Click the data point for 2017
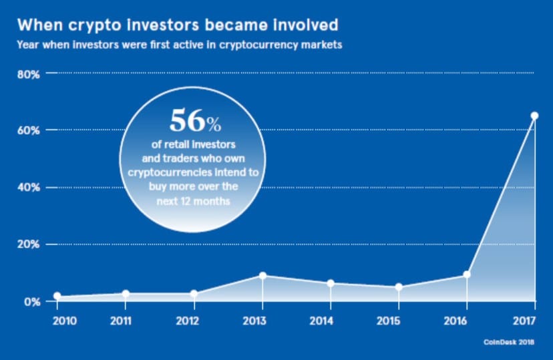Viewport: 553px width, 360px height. (534, 116)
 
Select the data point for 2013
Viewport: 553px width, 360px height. (262, 275)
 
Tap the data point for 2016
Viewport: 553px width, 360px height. (466, 275)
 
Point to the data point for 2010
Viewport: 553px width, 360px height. (57, 296)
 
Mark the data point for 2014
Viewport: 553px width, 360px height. (330, 283)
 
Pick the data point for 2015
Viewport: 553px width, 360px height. (399, 287)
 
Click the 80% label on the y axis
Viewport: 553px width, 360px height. (29, 73)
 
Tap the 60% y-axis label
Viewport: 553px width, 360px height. (29, 130)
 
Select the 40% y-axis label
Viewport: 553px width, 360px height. (29, 188)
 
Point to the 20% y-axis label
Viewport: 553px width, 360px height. (29, 244)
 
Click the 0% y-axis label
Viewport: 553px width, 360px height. (32, 302)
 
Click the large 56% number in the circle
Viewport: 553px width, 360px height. (194, 120)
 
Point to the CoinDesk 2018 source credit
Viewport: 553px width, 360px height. (510, 342)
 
